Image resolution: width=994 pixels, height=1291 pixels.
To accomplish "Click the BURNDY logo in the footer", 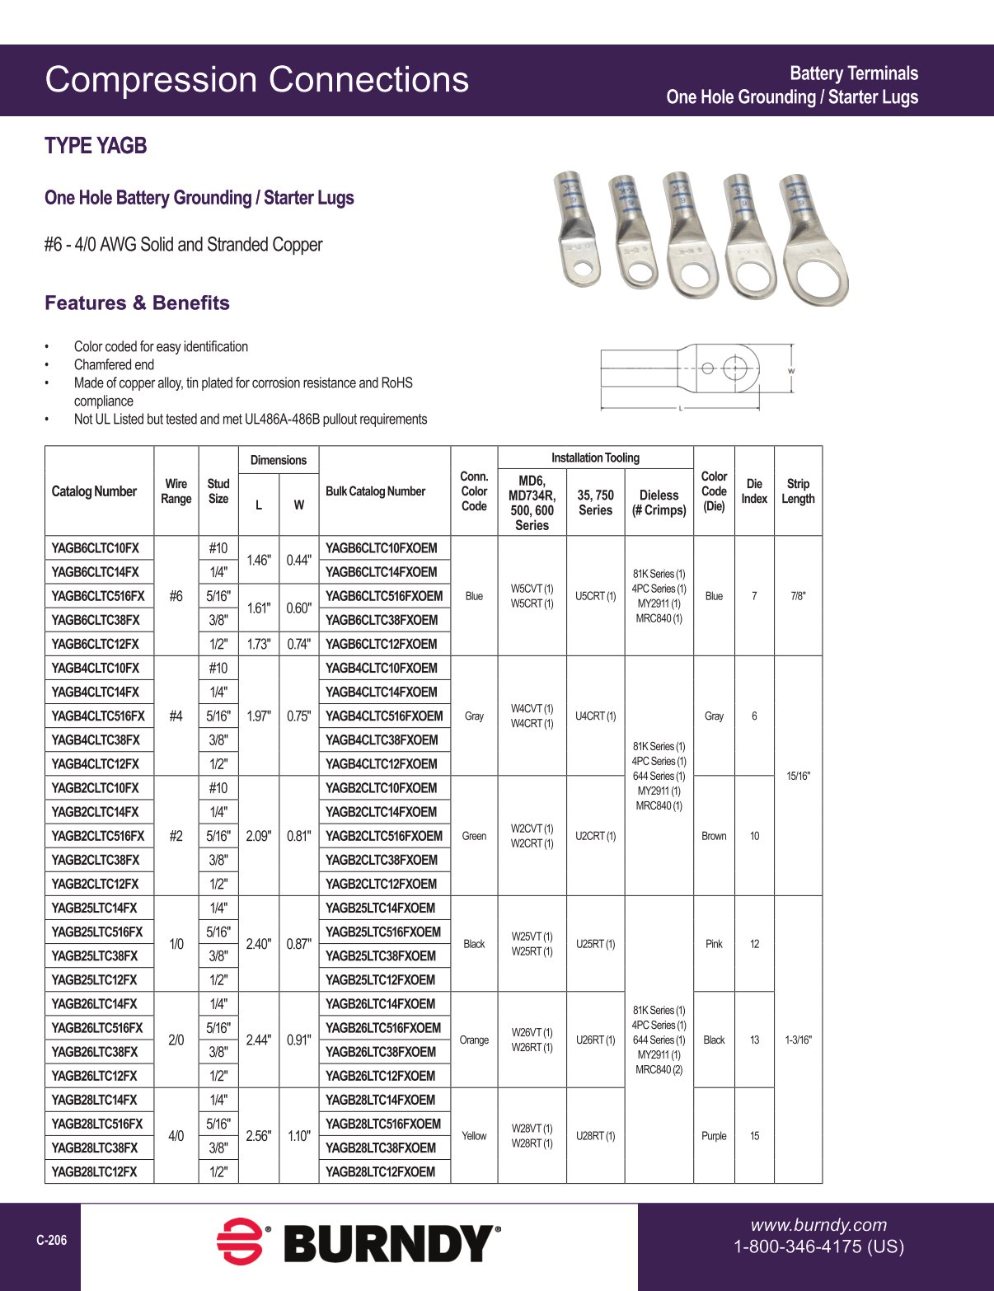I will tap(359, 1242).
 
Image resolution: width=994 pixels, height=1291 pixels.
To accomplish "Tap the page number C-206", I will tap(51, 1240).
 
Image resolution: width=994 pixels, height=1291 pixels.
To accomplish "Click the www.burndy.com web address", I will tap(818, 1225).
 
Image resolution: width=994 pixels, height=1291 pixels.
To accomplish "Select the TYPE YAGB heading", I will tap(96, 146).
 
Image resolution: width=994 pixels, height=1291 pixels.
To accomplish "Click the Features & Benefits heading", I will tap(137, 303).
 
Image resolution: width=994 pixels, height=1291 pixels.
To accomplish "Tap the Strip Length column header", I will tap(798, 491).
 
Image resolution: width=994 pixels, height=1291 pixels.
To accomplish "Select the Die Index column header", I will tap(754, 491).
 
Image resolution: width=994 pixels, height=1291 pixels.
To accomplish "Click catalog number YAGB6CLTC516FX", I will tap(98, 596).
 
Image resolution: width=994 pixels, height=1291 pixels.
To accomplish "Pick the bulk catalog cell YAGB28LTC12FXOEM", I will tap(380, 1171).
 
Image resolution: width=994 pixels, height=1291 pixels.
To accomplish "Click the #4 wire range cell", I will tap(176, 716).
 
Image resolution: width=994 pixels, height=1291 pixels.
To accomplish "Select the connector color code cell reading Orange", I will tap(474, 1040).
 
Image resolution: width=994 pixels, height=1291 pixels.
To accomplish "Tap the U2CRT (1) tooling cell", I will tap(595, 836).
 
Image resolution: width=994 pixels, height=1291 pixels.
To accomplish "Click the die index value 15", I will tap(754, 1136).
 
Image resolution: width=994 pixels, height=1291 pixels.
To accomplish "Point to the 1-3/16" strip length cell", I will tap(798, 1040).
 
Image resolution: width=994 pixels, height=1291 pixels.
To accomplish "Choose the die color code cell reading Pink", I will tap(714, 944).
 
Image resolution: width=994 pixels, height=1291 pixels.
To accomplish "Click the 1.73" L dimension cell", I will tap(258, 644).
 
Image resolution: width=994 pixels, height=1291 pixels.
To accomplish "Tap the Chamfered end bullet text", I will tap(114, 364).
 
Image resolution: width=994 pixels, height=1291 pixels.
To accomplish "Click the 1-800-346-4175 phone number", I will tap(818, 1246).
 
